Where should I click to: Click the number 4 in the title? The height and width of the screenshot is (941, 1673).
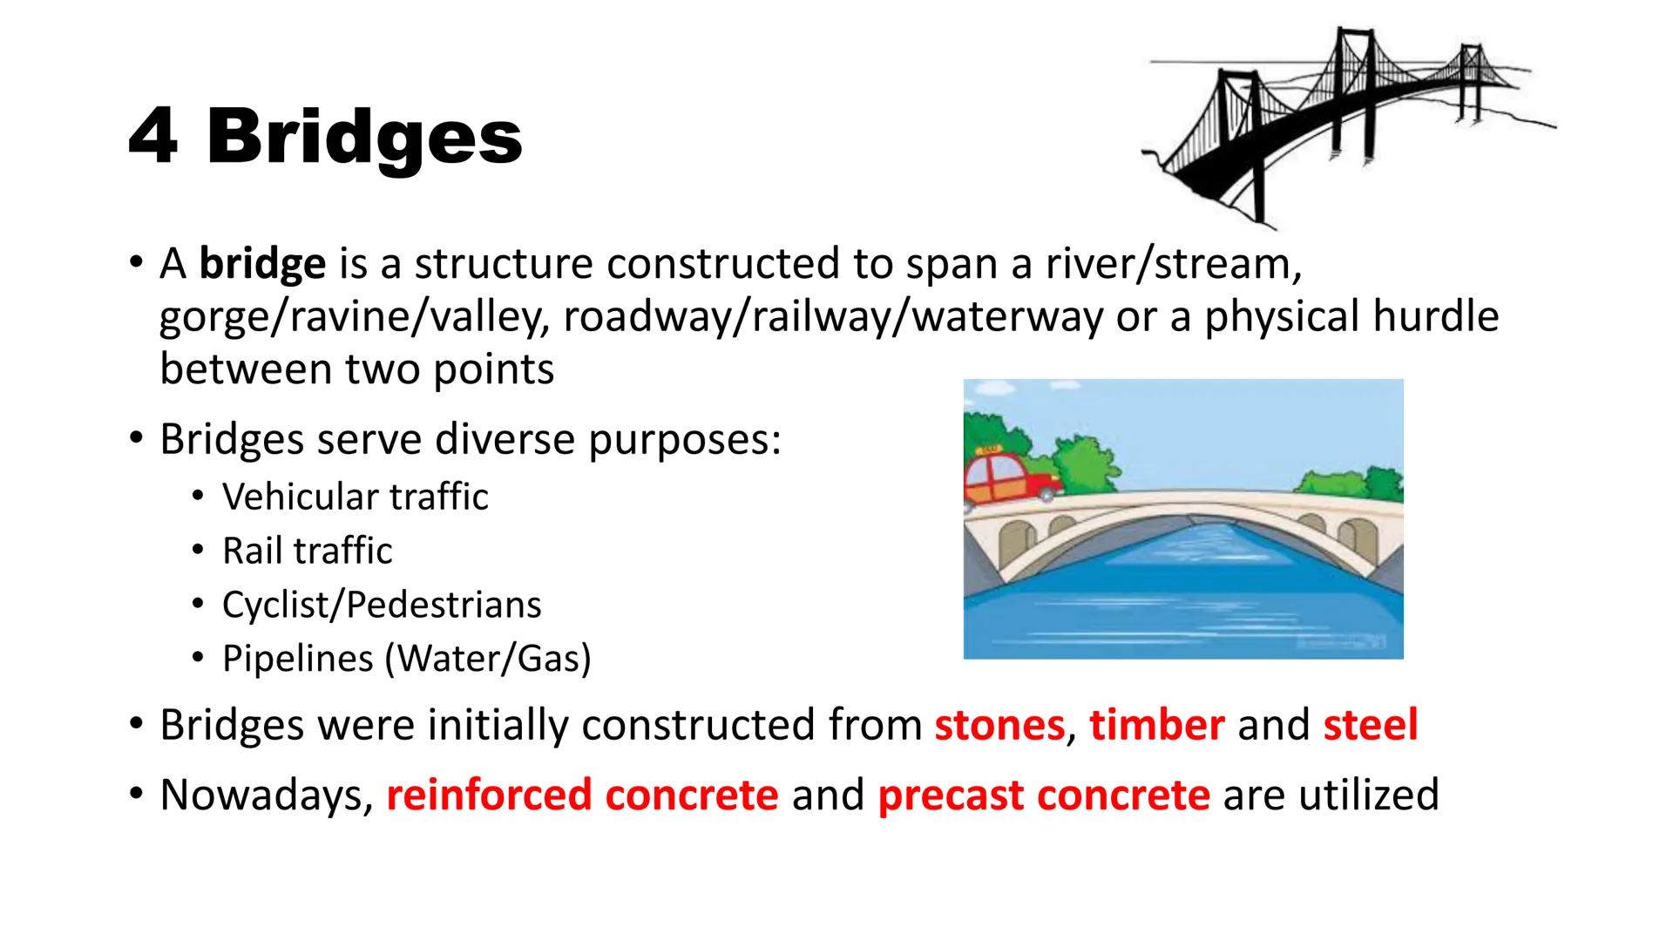153,138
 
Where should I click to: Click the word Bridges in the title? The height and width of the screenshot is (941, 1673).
364,139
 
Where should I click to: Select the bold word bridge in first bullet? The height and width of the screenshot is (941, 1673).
262,264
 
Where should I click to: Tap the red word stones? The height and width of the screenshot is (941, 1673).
999,725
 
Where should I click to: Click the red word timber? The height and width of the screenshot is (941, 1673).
1156,725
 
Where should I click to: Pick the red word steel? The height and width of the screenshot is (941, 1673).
1370,725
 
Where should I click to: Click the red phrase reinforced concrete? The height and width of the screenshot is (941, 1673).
582,795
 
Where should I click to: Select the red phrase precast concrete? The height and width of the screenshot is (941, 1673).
1043,795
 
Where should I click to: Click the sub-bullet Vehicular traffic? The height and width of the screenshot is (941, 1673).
355,498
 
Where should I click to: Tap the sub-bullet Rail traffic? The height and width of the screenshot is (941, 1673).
307,551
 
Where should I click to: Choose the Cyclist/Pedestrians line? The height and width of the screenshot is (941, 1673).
381,605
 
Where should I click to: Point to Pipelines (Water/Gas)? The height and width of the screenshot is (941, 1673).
406,659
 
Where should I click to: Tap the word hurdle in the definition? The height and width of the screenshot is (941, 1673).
1435,316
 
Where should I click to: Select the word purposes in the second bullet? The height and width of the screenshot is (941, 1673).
684,439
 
